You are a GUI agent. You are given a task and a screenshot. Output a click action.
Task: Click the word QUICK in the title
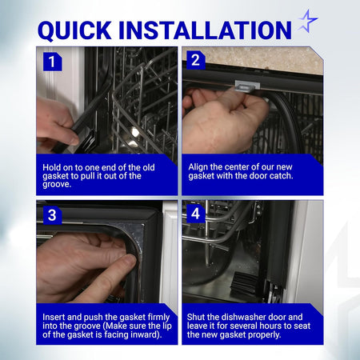(74, 30)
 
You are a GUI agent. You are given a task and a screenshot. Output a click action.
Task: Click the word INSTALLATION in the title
(205, 30)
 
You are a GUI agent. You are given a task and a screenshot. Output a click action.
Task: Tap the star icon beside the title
(308, 21)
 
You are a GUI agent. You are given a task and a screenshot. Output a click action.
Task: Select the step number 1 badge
(52, 62)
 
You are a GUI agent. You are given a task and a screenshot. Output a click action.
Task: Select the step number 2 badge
(196, 60)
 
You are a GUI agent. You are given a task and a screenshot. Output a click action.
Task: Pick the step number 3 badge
(52, 215)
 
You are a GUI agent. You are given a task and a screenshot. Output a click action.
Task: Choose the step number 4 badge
(196, 214)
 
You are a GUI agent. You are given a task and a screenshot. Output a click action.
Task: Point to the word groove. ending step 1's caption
(57, 184)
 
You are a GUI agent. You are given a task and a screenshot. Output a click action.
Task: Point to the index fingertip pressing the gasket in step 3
(130, 261)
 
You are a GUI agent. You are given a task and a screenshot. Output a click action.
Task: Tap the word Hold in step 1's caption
(51, 167)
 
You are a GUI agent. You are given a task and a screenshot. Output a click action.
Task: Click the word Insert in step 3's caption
(54, 317)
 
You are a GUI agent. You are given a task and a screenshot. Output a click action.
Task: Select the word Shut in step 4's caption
(196, 317)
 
